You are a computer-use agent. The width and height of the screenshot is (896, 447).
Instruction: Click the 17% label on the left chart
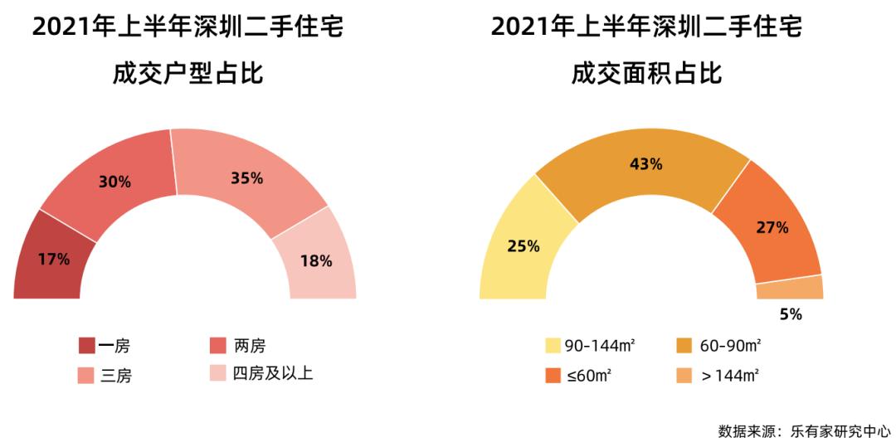[54, 259]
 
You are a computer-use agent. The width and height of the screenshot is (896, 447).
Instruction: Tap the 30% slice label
[114, 182]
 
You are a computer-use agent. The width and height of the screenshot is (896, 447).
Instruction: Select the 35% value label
[246, 178]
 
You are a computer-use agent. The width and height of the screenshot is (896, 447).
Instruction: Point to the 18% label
[315, 261]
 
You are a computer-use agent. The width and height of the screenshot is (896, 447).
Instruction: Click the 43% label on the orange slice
[645, 164]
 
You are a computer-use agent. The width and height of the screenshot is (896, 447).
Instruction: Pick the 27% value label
[772, 227]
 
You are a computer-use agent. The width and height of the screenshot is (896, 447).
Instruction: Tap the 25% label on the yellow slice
[523, 246]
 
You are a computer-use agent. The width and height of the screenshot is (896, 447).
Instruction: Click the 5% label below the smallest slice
[790, 314]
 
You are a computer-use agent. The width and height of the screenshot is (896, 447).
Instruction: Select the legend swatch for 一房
[86, 346]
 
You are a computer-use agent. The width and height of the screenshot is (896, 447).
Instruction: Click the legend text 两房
[250, 346]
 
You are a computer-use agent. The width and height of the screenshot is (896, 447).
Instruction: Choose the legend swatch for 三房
[86, 376]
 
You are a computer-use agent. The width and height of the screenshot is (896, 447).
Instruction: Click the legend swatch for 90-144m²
[553, 346]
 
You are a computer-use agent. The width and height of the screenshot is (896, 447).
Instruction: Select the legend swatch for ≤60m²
[553, 376]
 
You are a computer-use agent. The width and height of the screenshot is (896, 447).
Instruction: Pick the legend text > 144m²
[730, 376]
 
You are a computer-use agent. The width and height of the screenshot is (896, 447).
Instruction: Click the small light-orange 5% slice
[790, 288]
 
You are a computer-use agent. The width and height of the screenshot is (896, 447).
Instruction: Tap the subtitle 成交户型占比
[188, 74]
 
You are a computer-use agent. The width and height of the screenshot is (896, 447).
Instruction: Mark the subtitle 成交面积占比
[646, 74]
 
